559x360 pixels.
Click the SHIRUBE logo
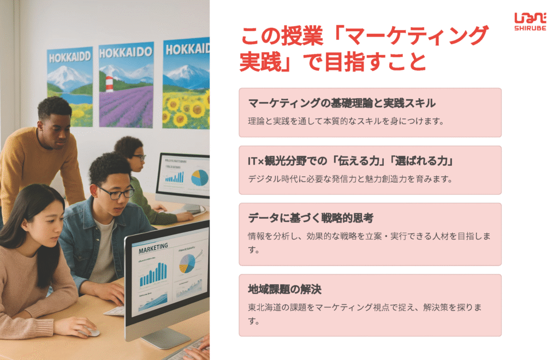click(530, 22)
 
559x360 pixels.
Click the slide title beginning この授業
click(364, 49)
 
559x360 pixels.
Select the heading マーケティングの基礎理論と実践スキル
click(342, 103)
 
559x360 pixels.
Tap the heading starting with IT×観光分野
click(351, 161)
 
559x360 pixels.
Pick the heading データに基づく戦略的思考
click(311, 218)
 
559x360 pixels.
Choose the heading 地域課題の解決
click(284, 289)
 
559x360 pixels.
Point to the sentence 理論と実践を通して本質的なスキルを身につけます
click(346, 121)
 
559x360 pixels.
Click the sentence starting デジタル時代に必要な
click(350, 179)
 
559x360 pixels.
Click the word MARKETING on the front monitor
click(153, 248)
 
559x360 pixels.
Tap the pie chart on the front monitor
click(188, 263)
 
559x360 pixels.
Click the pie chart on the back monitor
click(200, 177)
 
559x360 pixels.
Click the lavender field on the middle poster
click(126, 106)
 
